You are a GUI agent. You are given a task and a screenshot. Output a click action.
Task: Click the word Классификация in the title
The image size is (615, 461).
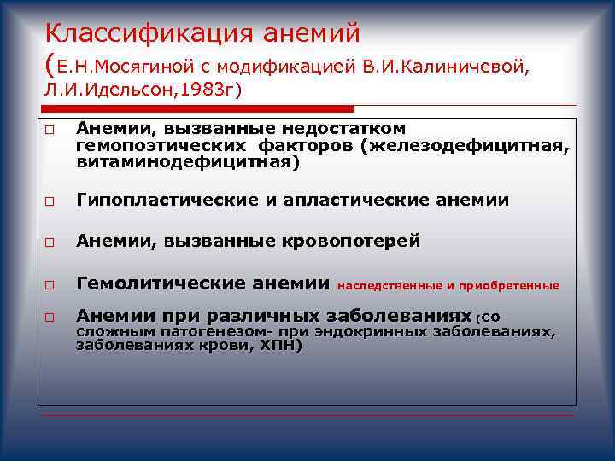tap(136, 34)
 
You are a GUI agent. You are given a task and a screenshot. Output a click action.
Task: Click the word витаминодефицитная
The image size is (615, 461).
tap(185, 160)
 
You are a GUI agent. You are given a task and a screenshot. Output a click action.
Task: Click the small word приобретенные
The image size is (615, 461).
tap(513, 285)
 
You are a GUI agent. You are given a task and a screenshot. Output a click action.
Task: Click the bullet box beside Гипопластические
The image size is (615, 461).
tap(50, 202)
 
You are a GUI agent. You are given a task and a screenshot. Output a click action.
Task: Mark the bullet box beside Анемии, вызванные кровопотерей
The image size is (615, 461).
tap(50, 243)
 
